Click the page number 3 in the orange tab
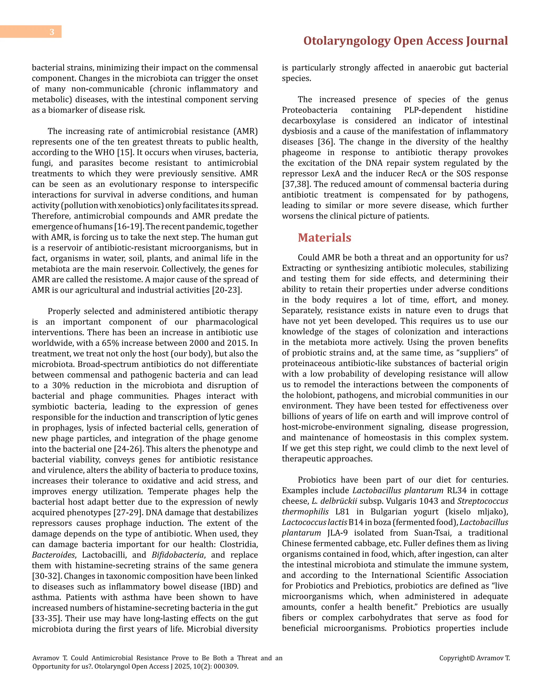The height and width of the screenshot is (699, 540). click(52, 32)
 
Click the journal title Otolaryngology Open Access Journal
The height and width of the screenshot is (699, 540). click(405, 41)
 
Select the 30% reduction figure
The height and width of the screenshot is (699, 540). click(61, 385)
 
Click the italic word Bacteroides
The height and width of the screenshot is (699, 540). click(54, 555)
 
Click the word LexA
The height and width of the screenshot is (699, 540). click(321, 174)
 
